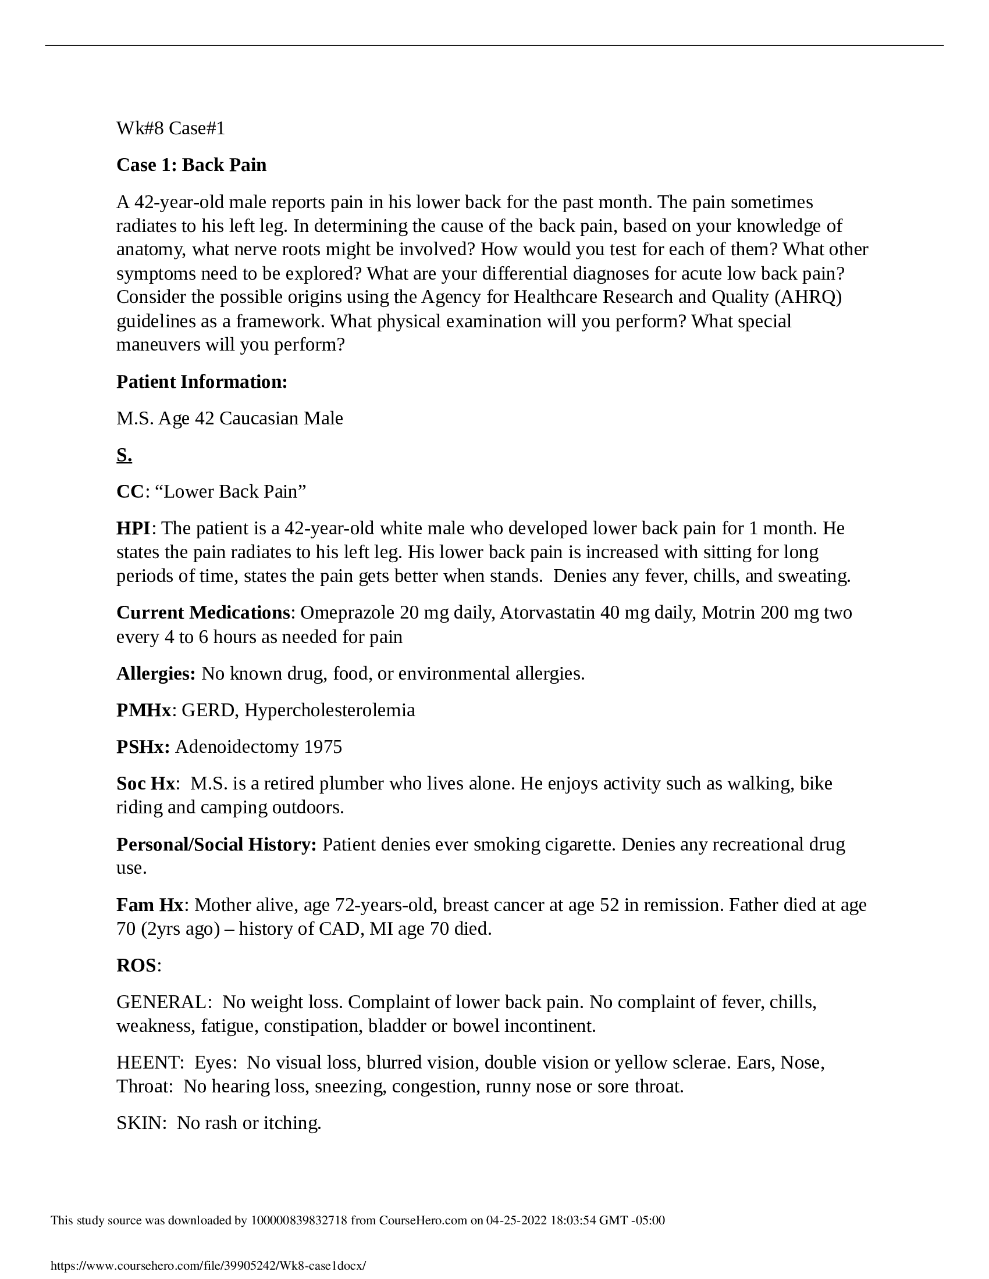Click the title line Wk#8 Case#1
click(170, 128)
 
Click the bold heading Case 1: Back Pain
click(191, 165)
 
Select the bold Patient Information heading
click(201, 382)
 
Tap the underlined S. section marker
click(124, 455)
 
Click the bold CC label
click(130, 491)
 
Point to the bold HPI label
click(134, 528)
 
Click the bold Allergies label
click(156, 673)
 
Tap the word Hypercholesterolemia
click(329, 710)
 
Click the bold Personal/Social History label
click(216, 845)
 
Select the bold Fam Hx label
click(150, 905)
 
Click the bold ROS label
click(136, 965)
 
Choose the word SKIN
click(139, 1123)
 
